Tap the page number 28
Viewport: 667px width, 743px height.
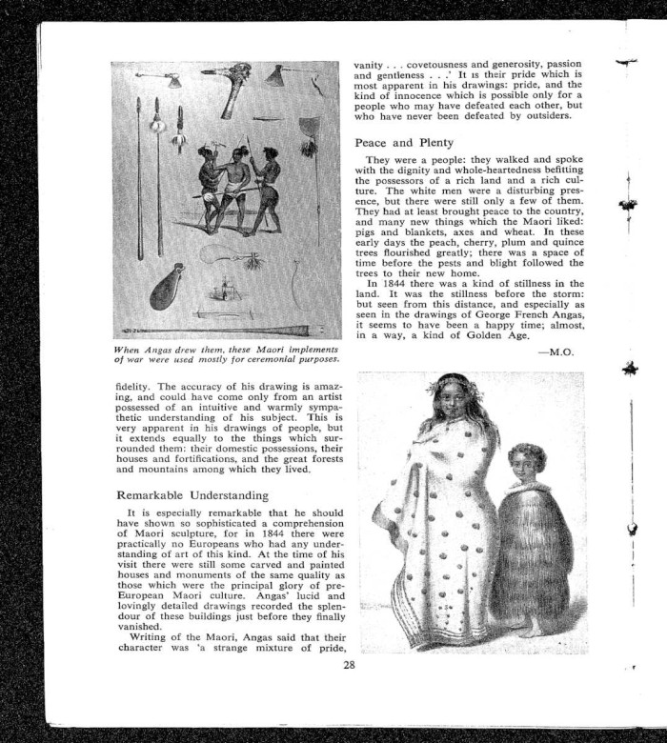pos(350,665)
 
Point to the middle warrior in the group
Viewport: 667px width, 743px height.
pos(228,186)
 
